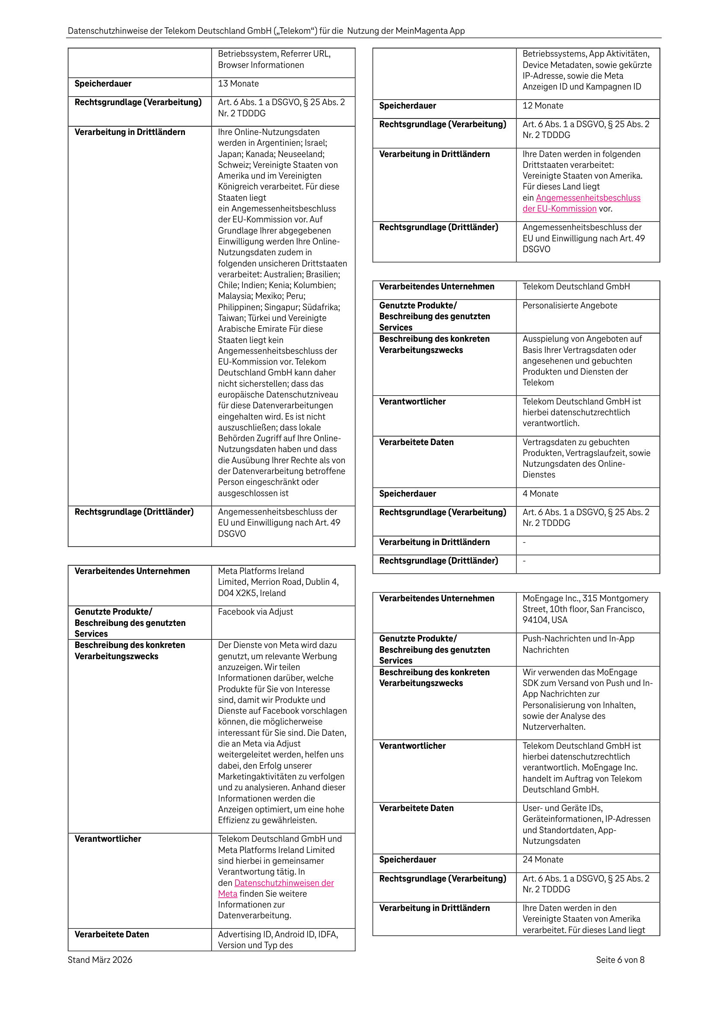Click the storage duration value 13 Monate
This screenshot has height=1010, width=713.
(x=238, y=83)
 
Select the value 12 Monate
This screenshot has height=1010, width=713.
(x=543, y=106)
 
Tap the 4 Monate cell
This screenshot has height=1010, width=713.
(x=540, y=494)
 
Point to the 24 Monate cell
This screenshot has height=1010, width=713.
(x=543, y=859)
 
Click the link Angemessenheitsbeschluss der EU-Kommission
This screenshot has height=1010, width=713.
(x=588, y=198)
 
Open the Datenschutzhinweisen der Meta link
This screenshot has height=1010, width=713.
(x=284, y=883)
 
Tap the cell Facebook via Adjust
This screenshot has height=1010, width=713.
(x=255, y=612)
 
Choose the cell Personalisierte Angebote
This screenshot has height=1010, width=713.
(x=570, y=305)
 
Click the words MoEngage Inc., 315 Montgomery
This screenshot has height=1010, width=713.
(x=585, y=598)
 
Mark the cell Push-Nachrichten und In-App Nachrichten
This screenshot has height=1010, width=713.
(x=578, y=644)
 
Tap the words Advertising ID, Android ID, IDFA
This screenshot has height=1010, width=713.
(x=278, y=934)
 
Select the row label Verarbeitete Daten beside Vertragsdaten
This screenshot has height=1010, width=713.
(x=416, y=442)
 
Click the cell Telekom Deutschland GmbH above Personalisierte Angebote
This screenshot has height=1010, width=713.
(x=576, y=286)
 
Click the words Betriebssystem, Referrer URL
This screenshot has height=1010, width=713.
(x=274, y=54)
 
